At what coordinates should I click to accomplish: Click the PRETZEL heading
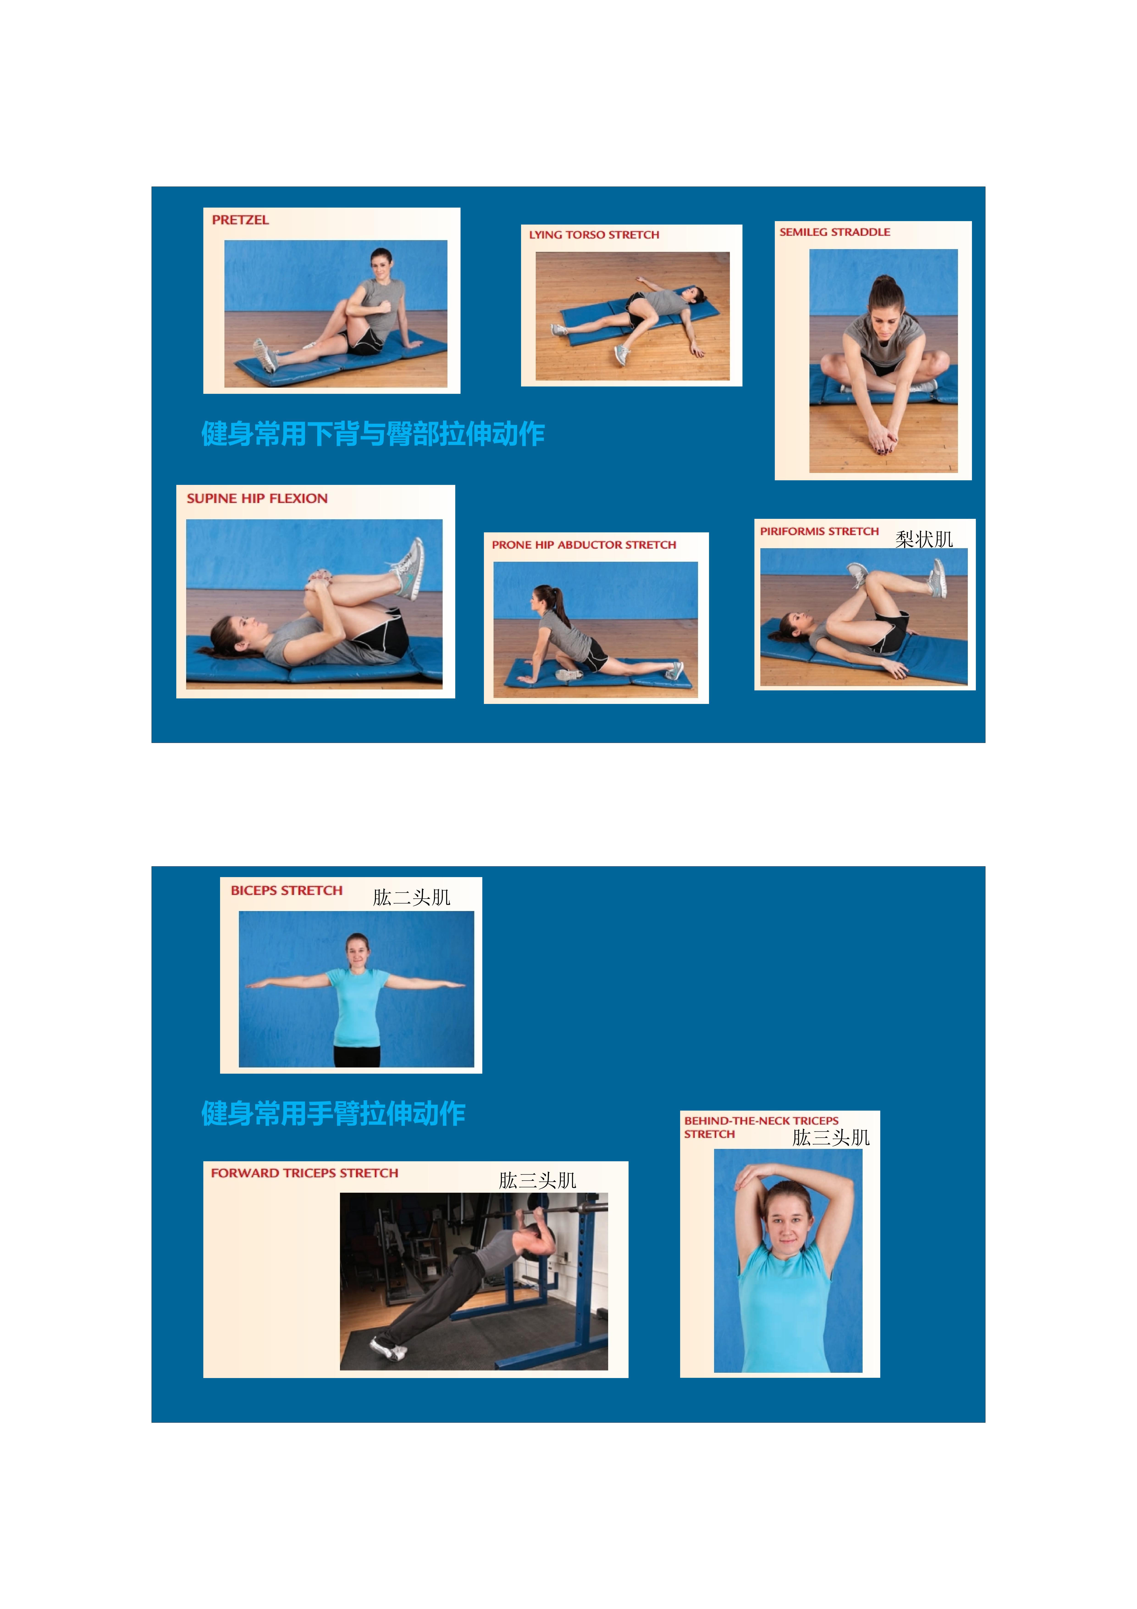pos(240,220)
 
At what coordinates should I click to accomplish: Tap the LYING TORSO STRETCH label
pos(594,235)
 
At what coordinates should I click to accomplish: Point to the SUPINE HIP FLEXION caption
pos(257,498)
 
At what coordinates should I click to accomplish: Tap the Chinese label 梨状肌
pos(924,539)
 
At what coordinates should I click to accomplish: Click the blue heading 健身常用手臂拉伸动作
pos(334,1114)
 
